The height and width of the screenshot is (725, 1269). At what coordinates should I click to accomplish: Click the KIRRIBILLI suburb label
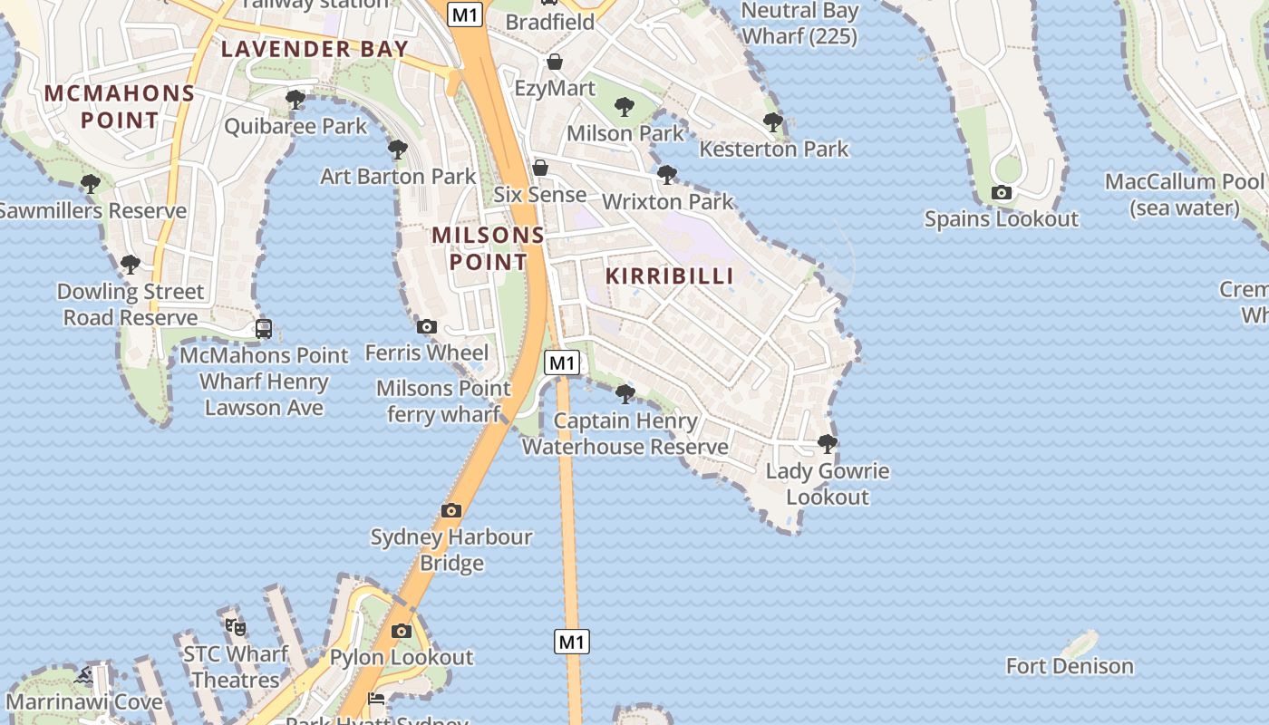pyautogui.click(x=669, y=276)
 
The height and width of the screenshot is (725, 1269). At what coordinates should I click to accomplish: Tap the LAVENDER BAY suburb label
pyautogui.click(x=315, y=49)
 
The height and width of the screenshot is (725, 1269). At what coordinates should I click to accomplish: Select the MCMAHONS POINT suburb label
pyautogui.click(x=120, y=106)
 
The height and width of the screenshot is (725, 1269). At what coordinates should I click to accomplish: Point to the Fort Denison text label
pyautogui.click(x=1070, y=666)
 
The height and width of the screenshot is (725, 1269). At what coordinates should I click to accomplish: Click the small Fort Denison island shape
pyautogui.click(x=1080, y=644)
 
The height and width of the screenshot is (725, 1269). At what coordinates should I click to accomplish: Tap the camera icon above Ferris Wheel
pyautogui.click(x=426, y=326)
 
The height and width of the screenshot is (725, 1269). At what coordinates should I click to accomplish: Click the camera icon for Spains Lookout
pyautogui.click(x=1002, y=192)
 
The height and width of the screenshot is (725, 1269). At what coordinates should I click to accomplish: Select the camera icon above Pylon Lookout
pyautogui.click(x=402, y=631)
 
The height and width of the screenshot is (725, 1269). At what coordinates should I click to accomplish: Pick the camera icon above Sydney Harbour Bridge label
pyautogui.click(x=451, y=510)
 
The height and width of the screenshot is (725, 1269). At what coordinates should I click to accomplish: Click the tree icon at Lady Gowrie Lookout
pyautogui.click(x=827, y=443)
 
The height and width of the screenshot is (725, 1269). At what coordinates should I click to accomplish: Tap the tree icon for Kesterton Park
pyautogui.click(x=773, y=121)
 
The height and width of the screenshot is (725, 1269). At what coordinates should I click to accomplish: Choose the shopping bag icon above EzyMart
pyautogui.click(x=555, y=62)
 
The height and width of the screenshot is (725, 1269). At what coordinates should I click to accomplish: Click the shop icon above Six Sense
pyautogui.click(x=540, y=168)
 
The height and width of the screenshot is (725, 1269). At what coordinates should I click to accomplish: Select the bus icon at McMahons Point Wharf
pyautogui.click(x=264, y=328)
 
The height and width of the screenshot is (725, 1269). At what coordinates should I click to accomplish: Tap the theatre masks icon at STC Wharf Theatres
pyautogui.click(x=236, y=626)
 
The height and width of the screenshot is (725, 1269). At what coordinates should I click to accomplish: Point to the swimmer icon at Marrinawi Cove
pyautogui.click(x=84, y=675)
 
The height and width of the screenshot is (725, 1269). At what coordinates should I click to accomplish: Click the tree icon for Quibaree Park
pyautogui.click(x=295, y=99)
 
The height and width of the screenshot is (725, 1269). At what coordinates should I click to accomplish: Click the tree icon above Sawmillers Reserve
pyautogui.click(x=91, y=184)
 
